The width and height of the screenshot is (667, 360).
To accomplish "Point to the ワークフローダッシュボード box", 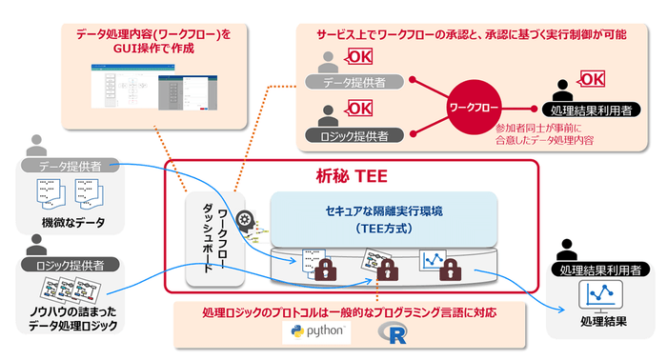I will (215, 237).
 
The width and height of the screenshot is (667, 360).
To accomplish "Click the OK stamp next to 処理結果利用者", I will (592, 79).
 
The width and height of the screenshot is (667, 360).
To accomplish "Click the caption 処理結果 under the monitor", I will (601, 321).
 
